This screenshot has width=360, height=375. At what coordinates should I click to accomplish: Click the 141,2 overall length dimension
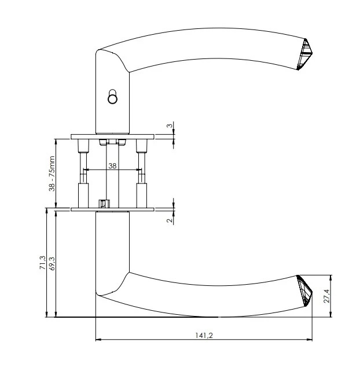click(x=204, y=336)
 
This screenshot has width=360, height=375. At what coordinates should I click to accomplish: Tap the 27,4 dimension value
click(x=327, y=296)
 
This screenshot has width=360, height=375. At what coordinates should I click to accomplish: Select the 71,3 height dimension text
click(x=43, y=263)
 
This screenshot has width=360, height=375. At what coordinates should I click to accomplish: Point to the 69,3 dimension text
click(x=52, y=263)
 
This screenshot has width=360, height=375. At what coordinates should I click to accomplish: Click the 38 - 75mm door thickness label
click(x=52, y=174)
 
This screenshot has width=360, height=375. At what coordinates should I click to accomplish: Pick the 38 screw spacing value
click(x=112, y=166)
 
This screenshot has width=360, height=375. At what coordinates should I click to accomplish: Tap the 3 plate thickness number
click(x=170, y=126)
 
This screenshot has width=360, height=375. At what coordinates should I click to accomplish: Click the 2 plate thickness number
click(x=170, y=220)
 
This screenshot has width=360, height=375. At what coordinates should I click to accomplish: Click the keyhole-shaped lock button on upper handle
click(x=112, y=97)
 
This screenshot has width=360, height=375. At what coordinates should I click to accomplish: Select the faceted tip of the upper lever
click(x=305, y=54)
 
